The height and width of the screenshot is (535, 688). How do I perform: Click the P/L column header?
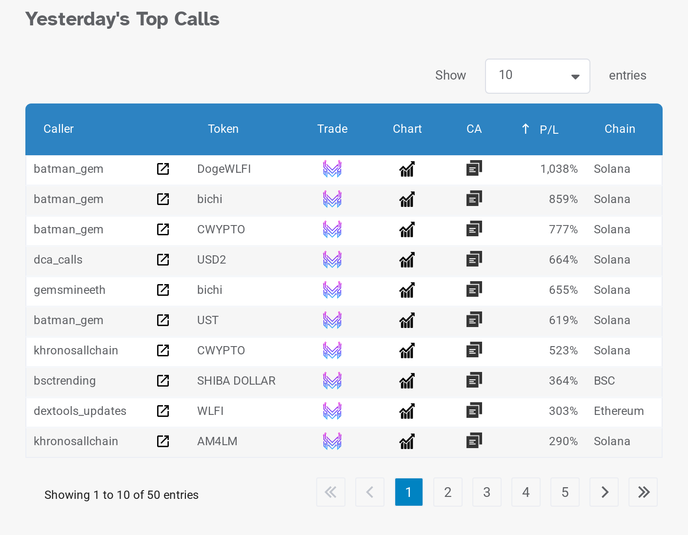click(548, 129)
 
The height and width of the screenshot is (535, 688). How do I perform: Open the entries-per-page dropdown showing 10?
click(537, 76)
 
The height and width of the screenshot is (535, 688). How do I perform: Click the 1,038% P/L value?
click(559, 169)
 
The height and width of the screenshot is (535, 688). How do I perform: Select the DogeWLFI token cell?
click(224, 169)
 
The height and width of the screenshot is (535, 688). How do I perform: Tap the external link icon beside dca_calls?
click(163, 260)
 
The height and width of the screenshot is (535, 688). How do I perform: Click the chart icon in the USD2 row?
click(407, 260)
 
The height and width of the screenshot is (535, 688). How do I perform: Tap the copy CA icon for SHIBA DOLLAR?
click(474, 380)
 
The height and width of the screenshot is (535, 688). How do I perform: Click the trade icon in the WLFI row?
click(332, 411)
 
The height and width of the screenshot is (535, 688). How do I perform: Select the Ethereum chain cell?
click(619, 411)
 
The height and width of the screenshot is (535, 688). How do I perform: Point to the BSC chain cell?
click(604, 381)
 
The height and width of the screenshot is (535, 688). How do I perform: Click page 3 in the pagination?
click(486, 492)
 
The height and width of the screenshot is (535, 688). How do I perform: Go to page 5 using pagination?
click(565, 492)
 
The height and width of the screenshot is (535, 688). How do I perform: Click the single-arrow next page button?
click(604, 492)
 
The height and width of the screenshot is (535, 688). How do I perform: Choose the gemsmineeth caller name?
click(69, 290)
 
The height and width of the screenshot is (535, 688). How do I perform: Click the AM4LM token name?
click(217, 441)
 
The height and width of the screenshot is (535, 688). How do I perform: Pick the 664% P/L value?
click(563, 260)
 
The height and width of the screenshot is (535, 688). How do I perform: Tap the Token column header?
click(223, 129)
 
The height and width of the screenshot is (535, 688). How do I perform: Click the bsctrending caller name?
click(64, 381)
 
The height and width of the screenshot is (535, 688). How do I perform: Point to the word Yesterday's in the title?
click(77, 19)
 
